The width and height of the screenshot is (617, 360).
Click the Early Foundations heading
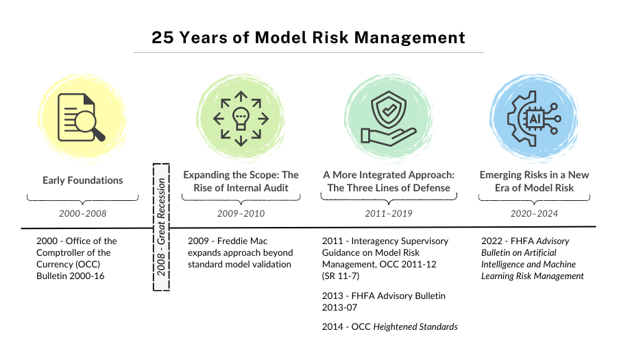point(82,180)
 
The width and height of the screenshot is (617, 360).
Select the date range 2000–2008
point(82,213)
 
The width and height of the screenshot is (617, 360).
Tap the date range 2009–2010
point(241,213)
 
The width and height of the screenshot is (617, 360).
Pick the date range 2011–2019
point(389,213)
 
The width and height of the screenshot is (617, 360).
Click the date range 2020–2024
point(534,213)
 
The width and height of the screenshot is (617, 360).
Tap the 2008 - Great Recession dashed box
point(160,227)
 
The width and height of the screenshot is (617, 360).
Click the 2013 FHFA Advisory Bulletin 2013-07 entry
point(384,302)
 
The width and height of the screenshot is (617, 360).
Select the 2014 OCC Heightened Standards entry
point(389,327)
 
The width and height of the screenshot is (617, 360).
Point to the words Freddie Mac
point(241,241)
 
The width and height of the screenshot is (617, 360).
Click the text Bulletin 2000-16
point(73,276)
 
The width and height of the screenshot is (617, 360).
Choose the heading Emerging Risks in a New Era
point(534,181)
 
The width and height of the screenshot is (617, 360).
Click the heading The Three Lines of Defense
point(389,187)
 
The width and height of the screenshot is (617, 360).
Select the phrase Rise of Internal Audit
point(241,187)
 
